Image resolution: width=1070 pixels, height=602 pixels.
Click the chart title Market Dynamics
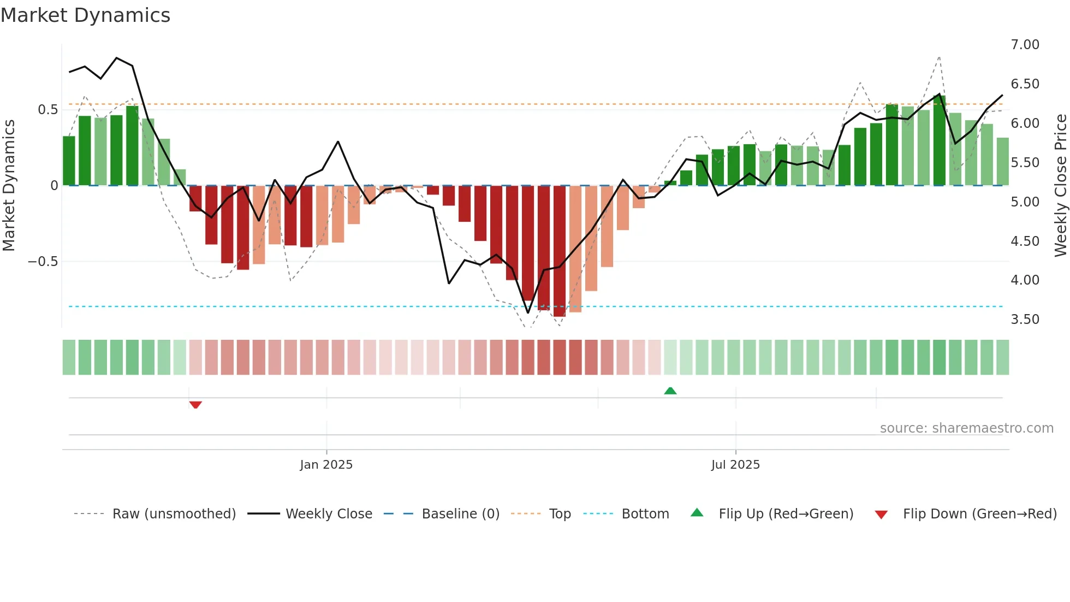(85, 15)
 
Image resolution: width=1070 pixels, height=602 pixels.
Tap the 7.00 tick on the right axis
(1025, 45)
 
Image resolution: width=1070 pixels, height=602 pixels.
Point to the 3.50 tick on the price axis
(1025, 320)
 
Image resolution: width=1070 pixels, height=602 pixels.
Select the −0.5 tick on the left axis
(43, 262)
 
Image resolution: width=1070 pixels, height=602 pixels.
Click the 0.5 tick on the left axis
(47, 110)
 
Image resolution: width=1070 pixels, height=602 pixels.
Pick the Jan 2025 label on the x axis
(326, 465)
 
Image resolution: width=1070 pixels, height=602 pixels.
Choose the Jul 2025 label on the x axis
(735, 465)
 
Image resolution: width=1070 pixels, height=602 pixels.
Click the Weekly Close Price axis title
(1060, 186)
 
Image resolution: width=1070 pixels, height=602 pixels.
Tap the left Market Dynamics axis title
(9, 186)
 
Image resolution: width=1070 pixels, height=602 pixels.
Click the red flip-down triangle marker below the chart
(195, 405)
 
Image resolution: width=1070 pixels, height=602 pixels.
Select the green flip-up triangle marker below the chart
(670, 391)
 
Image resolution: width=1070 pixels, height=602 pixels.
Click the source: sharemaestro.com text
(966, 428)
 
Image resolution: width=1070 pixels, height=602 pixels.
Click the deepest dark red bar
(559, 251)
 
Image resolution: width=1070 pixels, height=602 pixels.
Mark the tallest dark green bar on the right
(939, 141)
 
